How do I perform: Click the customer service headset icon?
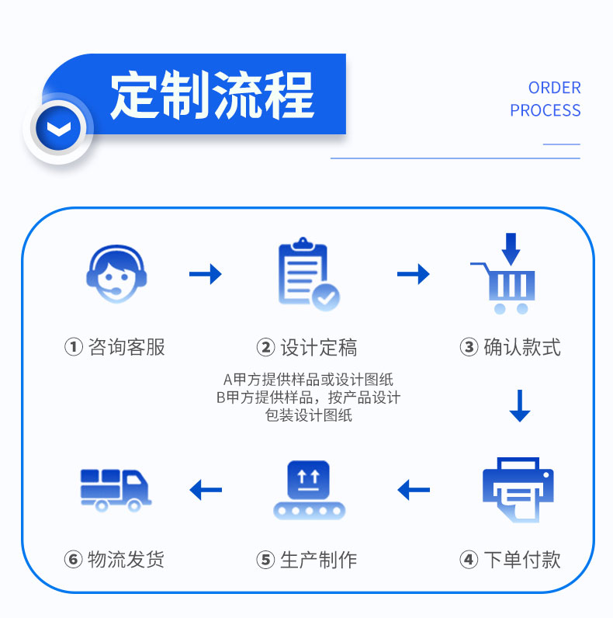coord(115,276)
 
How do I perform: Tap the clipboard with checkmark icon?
coord(308,276)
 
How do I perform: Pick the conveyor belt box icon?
coord(308,490)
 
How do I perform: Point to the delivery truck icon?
coord(115,489)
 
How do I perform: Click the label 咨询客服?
coord(126,347)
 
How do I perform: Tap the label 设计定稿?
coord(318,347)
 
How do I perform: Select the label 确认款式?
coord(521,347)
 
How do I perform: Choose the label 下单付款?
coord(521,559)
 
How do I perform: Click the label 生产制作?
coord(318,559)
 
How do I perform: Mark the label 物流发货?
coord(126,559)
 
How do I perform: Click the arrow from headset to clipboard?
coord(206,274)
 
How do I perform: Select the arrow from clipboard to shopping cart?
coord(414,274)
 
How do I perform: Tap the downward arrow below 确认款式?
coord(520,405)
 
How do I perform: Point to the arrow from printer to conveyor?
coord(414,490)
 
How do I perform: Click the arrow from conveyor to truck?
coord(206,490)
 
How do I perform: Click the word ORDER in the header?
coord(554,88)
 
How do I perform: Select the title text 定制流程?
coord(212,96)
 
